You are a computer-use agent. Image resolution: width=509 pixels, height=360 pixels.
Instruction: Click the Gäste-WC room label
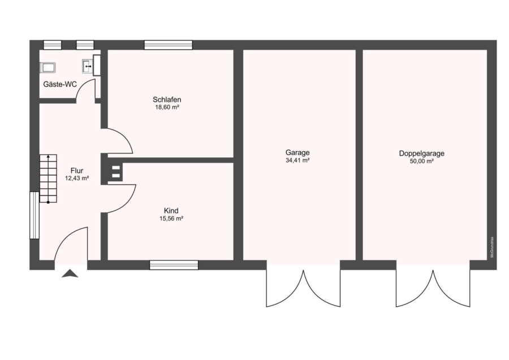tap(60, 84)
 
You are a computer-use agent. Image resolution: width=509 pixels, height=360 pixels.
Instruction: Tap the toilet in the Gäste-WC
tap(48, 67)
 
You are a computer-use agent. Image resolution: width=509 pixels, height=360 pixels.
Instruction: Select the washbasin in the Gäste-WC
tap(87, 66)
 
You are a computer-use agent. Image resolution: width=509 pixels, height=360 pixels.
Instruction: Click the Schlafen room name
tap(167, 100)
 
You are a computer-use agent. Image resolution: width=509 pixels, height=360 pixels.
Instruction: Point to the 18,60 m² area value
tap(167, 107)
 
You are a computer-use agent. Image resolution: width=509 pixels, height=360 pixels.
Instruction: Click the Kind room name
tap(171, 211)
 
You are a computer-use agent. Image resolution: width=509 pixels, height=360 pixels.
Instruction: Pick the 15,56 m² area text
tap(171, 218)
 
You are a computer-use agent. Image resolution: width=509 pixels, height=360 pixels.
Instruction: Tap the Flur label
tap(77, 170)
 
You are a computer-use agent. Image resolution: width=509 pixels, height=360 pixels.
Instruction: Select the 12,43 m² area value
tap(77, 178)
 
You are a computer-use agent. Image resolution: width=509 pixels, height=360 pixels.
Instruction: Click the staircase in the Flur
tap(48, 179)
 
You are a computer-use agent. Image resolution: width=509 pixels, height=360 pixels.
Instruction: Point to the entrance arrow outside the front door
tap(70, 273)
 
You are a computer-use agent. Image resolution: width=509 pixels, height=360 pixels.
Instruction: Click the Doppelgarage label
tap(422, 153)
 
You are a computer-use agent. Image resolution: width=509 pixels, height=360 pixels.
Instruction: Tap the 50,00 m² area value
tap(422, 161)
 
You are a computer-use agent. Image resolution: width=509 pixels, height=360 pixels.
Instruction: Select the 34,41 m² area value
tap(297, 160)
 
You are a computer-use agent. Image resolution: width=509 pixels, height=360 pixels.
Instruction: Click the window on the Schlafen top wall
tap(168, 45)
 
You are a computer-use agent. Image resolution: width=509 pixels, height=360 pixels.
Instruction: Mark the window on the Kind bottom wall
tap(174, 265)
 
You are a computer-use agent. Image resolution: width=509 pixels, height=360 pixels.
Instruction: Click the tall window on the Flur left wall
tap(34, 216)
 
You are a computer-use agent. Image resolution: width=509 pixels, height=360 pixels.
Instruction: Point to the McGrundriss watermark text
tap(492, 247)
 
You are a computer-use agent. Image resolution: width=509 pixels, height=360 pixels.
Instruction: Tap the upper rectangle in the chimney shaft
tap(116, 168)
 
